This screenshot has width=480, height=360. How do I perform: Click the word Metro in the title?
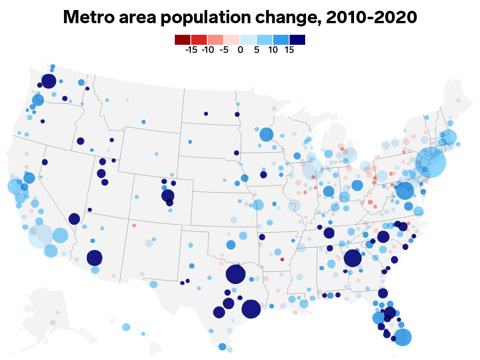88,17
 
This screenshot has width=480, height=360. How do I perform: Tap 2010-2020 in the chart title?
371,17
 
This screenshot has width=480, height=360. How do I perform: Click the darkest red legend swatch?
182,40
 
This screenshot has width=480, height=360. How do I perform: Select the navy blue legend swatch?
298,40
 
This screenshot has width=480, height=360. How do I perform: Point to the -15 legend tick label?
191,50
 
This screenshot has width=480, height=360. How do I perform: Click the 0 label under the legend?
240,50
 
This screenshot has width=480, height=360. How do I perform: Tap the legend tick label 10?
273,50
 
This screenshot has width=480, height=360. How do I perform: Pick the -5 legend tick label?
224,50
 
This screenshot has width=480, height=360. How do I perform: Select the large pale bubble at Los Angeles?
41,236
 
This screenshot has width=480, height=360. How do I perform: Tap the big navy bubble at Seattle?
49,81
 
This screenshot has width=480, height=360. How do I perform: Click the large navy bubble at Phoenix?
94,258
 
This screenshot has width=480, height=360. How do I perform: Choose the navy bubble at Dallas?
236,274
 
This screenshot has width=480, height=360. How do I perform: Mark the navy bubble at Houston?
251,309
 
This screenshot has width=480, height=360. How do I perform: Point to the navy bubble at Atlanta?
352,258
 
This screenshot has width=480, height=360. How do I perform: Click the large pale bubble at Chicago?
312,169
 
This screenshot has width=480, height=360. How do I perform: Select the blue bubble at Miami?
403,337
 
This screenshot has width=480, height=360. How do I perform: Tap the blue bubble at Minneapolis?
266,134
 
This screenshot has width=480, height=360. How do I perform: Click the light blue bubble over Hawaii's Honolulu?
126,327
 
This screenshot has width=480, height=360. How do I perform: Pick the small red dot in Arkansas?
282,260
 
